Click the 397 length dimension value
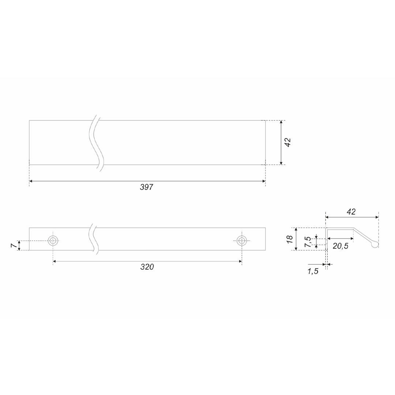[146, 187]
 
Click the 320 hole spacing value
[147, 267]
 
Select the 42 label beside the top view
[288, 142]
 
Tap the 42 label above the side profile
[351, 212]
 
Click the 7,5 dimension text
[308, 242]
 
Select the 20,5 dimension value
[341, 246]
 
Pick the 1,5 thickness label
[313, 271]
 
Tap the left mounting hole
[53, 241]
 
